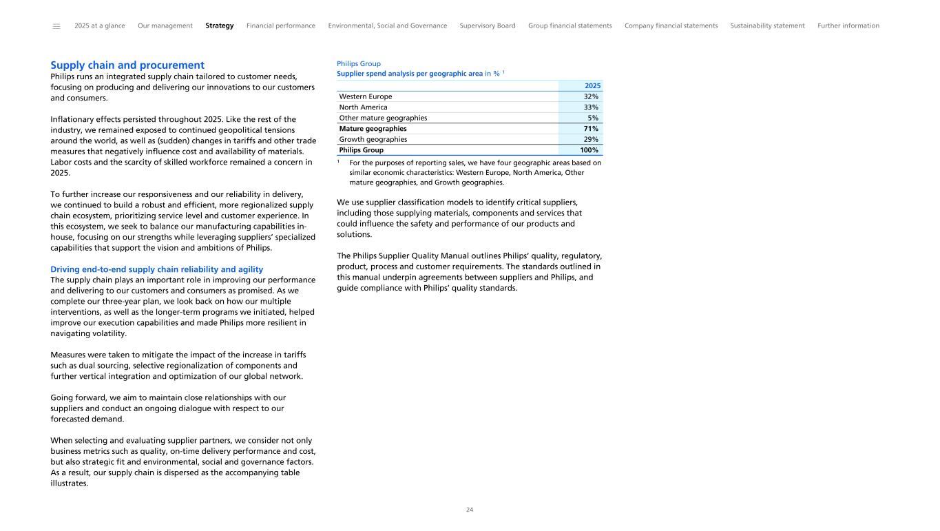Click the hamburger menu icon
56,26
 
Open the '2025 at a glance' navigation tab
100,26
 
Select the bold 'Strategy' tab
219,26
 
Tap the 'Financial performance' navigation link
281,26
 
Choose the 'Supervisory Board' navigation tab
488,26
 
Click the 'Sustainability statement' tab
767,26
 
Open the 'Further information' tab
848,26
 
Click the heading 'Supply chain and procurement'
127,65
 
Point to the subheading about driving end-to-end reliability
157,269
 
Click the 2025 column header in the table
592,86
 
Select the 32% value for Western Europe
591,97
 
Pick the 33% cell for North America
591,107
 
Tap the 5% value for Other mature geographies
593,118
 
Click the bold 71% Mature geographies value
591,129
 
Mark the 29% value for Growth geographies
591,139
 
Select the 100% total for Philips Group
589,150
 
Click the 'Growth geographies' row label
373,139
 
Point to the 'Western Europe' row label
366,97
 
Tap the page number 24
470,510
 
